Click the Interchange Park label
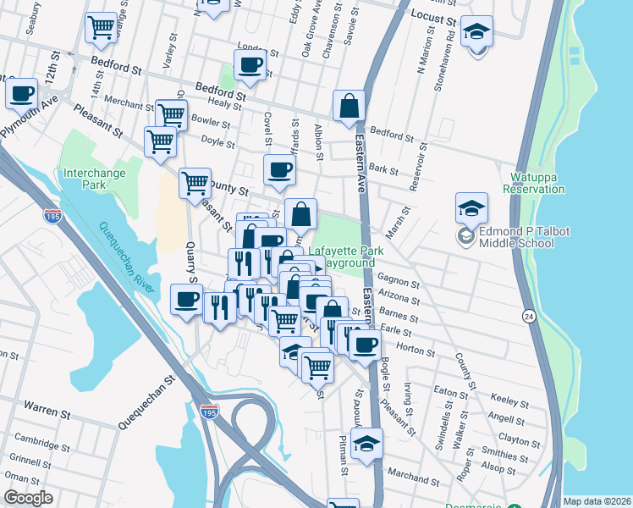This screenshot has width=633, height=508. tap(95, 179)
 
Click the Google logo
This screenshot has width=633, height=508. tap(28, 498)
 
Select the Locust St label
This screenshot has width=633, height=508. tap(433, 16)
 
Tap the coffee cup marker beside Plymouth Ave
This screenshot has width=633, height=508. tap(21, 93)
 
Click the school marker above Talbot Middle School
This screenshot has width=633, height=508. tap(471, 206)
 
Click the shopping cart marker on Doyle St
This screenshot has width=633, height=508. tap(160, 141)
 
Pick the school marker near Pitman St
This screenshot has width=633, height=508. tap(366, 442)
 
